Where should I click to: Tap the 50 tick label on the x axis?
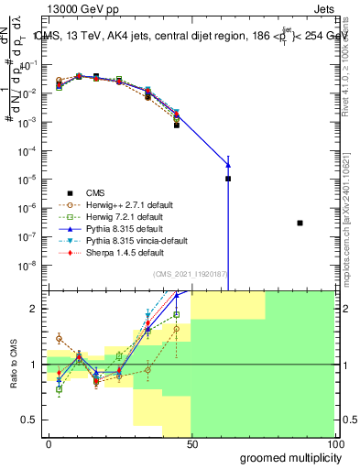[191, 443]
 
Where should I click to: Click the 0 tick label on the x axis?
[49, 443]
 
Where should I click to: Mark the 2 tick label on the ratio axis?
[33, 309]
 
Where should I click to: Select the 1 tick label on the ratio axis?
[33, 365]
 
